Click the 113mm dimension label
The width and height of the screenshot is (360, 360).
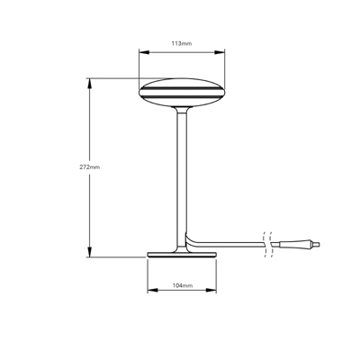pos(181,42)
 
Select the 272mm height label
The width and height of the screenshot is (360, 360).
pos(89,166)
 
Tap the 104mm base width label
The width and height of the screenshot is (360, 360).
pos(181,284)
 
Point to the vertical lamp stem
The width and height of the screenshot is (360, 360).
pos(182,171)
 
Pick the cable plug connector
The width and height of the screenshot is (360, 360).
pos(298,243)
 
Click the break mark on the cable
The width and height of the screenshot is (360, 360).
pos(266,243)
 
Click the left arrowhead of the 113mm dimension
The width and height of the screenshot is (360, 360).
pos(141,51)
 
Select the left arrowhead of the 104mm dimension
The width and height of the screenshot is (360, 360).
pos(148,290)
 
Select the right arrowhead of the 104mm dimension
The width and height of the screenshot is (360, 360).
pos(215,290)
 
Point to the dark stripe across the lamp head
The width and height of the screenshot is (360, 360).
pos(181,92)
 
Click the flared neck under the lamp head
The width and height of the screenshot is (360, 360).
pos(182,110)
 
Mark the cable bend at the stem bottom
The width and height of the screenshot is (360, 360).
pos(189,238)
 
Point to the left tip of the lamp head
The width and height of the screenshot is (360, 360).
pos(139,91)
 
